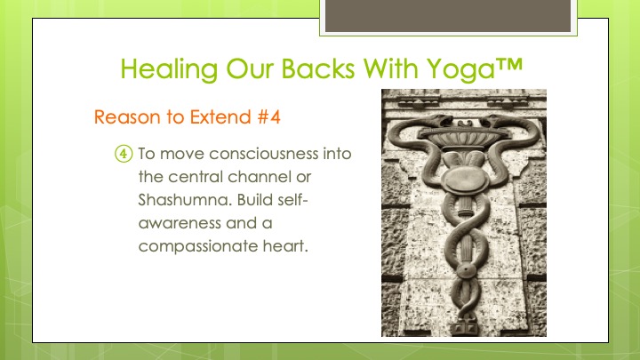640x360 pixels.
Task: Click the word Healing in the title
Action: point(169,69)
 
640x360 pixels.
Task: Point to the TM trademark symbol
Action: point(509,64)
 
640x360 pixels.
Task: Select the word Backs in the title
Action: point(318,68)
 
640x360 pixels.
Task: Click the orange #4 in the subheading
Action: point(269,117)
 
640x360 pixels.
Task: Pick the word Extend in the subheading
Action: point(220,117)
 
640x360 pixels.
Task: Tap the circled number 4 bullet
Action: point(124,154)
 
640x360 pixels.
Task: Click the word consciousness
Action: point(264,154)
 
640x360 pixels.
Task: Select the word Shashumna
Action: point(185,200)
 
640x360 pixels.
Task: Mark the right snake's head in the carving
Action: point(492,120)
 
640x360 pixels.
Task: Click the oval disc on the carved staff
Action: point(465,180)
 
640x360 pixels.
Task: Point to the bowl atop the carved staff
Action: point(464,138)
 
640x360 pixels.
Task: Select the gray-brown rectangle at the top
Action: point(448,15)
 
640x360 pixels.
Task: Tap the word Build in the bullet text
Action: point(254,200)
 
